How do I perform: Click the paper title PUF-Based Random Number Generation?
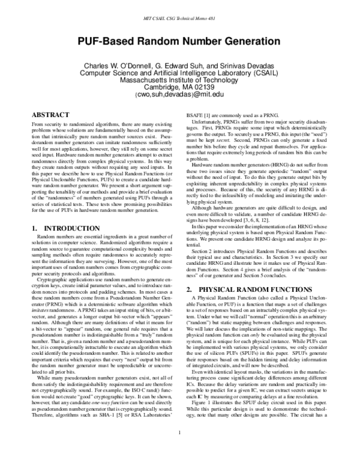(179, 41)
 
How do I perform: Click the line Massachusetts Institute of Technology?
(179, 80)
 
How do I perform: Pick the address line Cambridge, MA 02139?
(179, 87)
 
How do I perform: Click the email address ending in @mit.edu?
(179, 94)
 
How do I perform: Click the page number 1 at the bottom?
(179, 449)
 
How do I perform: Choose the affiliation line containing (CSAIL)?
(179, 73)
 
